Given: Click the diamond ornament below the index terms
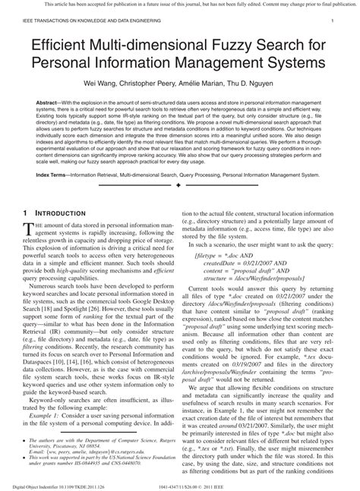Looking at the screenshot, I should tap(178, 185).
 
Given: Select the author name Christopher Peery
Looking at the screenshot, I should tap(156, 78).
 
